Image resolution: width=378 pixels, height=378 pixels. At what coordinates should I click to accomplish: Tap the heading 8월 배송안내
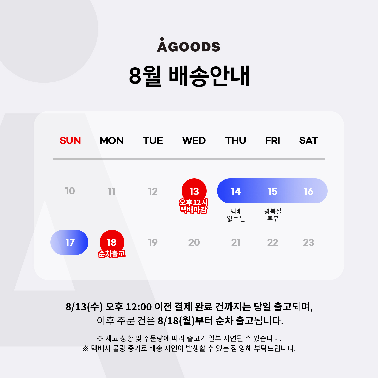coord(189,76)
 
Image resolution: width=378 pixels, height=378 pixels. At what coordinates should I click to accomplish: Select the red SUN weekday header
coord(70,140)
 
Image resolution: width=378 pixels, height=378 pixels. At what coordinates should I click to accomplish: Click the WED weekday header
coord(194,140)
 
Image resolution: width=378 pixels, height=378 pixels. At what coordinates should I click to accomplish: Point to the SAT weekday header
coord(308,140)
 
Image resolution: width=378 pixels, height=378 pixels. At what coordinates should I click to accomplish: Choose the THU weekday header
coord(236,140)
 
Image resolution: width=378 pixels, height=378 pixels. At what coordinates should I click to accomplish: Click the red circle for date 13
coord(194,191)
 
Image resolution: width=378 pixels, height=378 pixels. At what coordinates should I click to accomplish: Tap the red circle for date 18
coord(112,242)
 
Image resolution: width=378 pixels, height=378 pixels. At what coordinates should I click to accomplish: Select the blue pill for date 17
coord(69,242)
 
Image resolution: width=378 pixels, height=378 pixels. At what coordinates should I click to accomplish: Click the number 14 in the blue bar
coord(236,192)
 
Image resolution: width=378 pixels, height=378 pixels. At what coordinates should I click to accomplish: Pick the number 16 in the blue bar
coord(309,192)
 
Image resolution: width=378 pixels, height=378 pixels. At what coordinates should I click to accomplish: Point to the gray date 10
coord(70,191)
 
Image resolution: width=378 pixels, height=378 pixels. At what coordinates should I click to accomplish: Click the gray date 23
coord(308,243)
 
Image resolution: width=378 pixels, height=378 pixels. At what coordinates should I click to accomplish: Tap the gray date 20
coord(194,243)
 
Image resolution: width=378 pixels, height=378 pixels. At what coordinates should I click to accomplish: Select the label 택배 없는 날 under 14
coord(236,215)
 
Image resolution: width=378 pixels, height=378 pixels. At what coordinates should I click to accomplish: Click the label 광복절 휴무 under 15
coord(273,215)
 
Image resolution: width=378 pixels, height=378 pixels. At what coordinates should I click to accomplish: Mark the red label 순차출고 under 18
coord(112,254)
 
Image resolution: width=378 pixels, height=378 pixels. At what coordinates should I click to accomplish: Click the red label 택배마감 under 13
coord(194,210)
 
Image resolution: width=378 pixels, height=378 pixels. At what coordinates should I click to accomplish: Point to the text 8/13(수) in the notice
coord(84,307)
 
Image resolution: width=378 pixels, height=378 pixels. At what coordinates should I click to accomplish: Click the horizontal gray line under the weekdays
coord(189,159)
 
